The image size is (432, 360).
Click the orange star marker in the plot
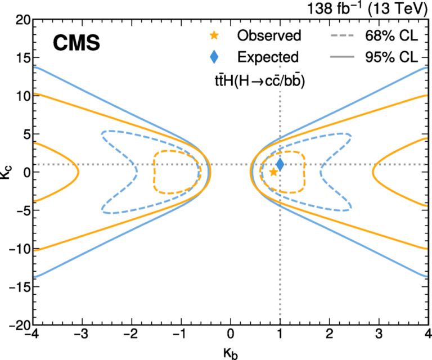pyautogui.click(x=273, y=172)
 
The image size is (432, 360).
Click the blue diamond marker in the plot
pyautogui.click(x=280, y=165)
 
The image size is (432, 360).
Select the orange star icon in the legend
pyautogui.click(x=214, y=36)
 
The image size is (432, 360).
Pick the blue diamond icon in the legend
pyautogui.click(x=214, y=57)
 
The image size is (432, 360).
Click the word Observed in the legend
pyautogui.click(x=269, y=36)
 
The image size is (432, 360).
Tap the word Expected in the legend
pyautogui.click(x=268, y=57)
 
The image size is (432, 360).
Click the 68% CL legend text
pyautogui.click(x=388, y=36)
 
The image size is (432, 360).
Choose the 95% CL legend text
pyautogui.click(x=388, y=57)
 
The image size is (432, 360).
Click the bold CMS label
pyautogui.click(x=76, y=43)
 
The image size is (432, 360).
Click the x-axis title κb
pyautogui.click(x=229, y=353)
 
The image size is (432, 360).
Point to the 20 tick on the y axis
pyautogui.click(x=22, y=20)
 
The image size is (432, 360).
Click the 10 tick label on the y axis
pyautogui.click(x=22, y=96)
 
